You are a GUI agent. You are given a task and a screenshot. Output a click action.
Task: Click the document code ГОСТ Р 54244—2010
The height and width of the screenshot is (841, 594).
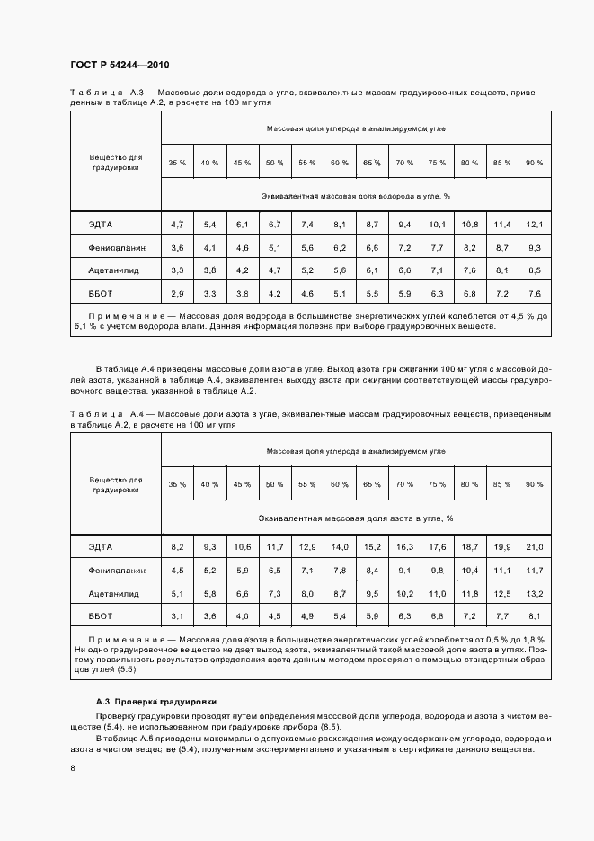[x=120, y=66]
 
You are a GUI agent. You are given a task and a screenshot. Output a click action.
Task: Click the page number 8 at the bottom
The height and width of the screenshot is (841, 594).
[x=73, y=768]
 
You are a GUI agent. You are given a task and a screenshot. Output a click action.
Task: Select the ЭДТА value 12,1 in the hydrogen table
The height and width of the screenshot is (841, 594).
[x=535, y=224]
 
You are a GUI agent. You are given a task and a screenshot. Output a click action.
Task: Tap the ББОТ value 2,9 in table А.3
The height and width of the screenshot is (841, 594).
[x=177, y=294]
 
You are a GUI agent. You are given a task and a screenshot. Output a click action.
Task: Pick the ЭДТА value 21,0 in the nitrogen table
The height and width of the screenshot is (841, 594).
[x=535, y=546]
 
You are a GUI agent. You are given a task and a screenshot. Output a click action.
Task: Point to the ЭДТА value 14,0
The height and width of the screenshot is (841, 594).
[x=340, y=546]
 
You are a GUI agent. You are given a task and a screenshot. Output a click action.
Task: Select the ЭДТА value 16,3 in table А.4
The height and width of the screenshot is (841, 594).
[x=404, y=546]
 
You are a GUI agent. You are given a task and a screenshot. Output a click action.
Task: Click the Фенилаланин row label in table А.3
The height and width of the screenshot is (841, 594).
[x=116, y=247]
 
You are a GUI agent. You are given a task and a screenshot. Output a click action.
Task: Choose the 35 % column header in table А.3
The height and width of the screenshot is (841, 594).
[x=177, y=163]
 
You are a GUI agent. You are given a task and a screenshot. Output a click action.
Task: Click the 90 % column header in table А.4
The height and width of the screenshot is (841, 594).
[x=535, y=485]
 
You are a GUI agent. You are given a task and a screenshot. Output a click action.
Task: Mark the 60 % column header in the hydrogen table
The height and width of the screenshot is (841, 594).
[x=340, y=163]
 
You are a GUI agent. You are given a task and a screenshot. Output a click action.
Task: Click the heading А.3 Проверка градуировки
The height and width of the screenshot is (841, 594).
[x=156, y=701]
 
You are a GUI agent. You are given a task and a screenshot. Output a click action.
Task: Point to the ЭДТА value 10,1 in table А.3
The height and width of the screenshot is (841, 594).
[x=437, y=224]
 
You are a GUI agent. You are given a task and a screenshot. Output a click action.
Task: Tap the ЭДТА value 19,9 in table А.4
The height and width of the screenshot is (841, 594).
[x=501, y=546]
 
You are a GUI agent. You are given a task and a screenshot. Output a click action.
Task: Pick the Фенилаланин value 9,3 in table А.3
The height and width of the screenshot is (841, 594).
[x=535, y=247]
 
